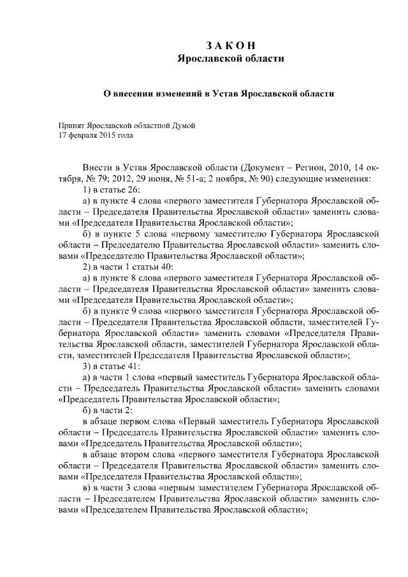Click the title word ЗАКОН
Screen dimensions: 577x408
(x=230, y=45)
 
